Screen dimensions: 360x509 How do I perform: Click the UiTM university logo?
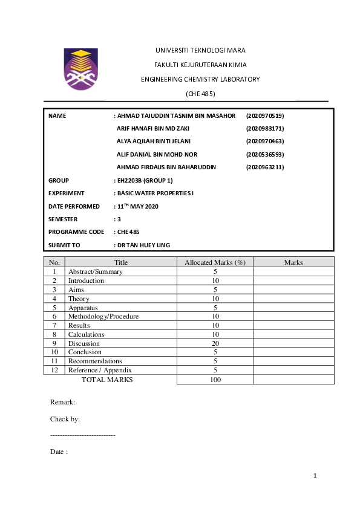pos(80,69)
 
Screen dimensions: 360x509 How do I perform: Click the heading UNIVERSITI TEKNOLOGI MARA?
pos(200,50)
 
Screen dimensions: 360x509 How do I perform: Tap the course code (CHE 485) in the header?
pos(200,94)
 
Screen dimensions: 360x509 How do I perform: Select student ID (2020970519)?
pos(265,115)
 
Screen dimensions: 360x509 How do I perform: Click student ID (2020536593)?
pos(265,154)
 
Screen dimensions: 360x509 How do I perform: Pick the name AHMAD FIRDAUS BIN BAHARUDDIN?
pos(166,167)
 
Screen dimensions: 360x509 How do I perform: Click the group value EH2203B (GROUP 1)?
pos(145,180)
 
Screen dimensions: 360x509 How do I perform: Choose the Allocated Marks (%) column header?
pos(215,262)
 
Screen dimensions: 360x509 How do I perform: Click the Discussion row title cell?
pos(85,343)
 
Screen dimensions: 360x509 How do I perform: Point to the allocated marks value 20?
pos(215,343)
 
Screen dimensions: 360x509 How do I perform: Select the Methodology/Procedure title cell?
pos(103,316)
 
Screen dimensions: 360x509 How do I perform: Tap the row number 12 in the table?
pos(54,370)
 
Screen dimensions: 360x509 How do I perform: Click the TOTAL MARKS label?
pos(107,380)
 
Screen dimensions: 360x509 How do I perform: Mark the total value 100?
pos(215,380)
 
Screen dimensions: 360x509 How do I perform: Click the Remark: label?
pos(62,401)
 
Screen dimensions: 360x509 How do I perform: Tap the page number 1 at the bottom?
pos(315,476)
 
